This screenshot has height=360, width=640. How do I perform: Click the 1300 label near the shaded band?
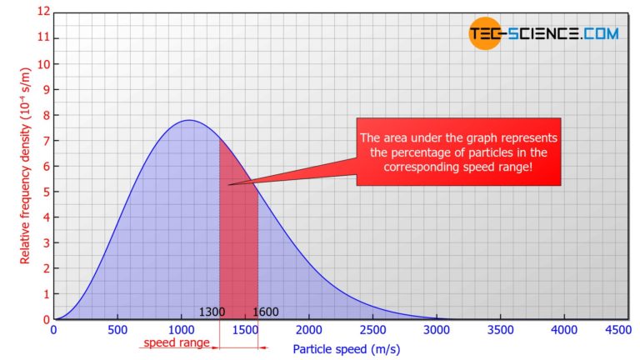coord(212,312)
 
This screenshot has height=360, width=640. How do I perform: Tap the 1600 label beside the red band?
coord(265,312)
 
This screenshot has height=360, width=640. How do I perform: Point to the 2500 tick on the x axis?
coord(372,330)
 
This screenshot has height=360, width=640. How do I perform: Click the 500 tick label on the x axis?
coord(117,330)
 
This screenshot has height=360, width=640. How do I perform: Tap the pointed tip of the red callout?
coord(229,184)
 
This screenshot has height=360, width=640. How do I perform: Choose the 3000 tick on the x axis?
coord(437,330)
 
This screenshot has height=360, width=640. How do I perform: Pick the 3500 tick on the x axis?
coord(501,330)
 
